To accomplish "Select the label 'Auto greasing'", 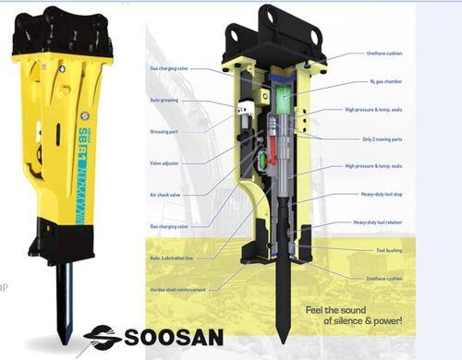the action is click(163, 100).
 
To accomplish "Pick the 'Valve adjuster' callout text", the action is click(164, 163).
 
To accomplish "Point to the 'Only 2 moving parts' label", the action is click(382, 138).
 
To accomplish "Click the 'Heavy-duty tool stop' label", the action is click(381, 194).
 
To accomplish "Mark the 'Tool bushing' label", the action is click(388, 249).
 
